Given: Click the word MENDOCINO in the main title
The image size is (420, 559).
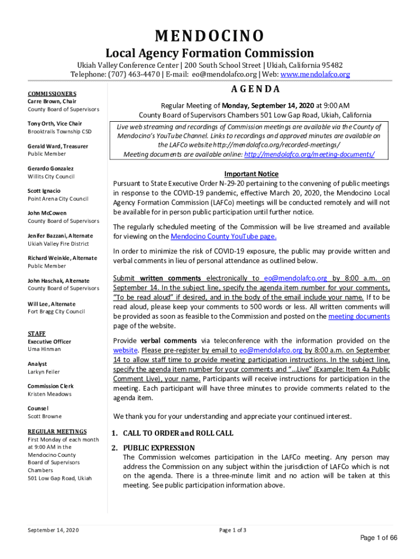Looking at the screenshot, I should (210, 36).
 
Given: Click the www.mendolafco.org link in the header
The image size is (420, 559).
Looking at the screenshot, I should (315, 74).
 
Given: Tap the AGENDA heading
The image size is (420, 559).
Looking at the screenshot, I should (251, 90).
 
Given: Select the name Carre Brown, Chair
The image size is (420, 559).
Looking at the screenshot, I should (52, 102).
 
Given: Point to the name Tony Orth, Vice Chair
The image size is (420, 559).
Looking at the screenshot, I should (55, 124).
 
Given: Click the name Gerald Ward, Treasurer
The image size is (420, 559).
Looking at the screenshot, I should (58, 146).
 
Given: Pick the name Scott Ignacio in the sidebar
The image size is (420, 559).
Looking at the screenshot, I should (44, 191).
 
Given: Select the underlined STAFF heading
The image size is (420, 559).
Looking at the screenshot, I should (37, 334).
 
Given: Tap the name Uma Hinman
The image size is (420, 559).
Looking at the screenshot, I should (44, 349).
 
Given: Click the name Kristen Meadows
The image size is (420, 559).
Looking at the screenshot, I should (50, 394).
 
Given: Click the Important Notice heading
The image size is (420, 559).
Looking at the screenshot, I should (251, 174).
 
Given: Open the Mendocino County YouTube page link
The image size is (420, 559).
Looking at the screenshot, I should (224, 236).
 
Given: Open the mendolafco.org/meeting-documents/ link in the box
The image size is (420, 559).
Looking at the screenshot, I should (309, 154).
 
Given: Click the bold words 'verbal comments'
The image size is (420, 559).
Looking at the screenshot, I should (161, 341).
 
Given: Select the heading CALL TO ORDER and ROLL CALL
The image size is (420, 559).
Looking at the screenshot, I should (178, 433).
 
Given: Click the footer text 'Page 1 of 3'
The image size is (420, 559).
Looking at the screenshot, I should (233, 530).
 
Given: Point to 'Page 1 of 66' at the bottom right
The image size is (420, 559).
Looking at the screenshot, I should (379, 538).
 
